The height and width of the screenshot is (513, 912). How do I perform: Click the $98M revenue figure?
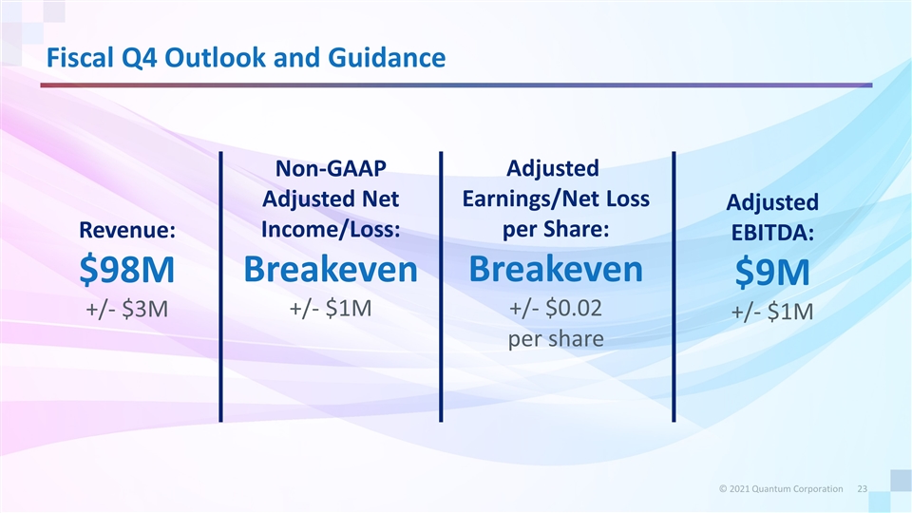coord(126,270)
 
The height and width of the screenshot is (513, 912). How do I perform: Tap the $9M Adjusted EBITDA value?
coord(772,273)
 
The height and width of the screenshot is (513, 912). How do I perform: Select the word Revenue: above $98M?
coord(126,230)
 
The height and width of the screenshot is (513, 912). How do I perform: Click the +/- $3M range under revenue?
coord(126,309)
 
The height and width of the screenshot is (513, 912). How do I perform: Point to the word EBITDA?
coord(772,233)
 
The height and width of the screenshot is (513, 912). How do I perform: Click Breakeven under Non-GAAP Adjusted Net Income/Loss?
coord(331,269)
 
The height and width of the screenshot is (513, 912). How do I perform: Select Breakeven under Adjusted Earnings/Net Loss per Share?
coord(556,269)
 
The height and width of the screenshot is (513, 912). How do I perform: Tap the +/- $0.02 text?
coord(556,308)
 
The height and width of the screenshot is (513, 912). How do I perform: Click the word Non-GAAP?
coord(331,169)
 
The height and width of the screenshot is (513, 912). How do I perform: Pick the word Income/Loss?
coord(331,229)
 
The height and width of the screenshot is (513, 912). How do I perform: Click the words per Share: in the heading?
coord(556,229)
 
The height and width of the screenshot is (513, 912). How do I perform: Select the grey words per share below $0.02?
coord(556,339)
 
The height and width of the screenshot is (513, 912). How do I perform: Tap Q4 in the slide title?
coord(139,58)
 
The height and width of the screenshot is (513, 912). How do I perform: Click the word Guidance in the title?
coord(387,58)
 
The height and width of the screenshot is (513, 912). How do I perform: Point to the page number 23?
coord(863,489)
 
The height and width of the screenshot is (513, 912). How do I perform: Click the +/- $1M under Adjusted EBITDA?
coord(772,313)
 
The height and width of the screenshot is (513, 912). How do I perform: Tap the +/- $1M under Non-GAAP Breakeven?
coord(331,308)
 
